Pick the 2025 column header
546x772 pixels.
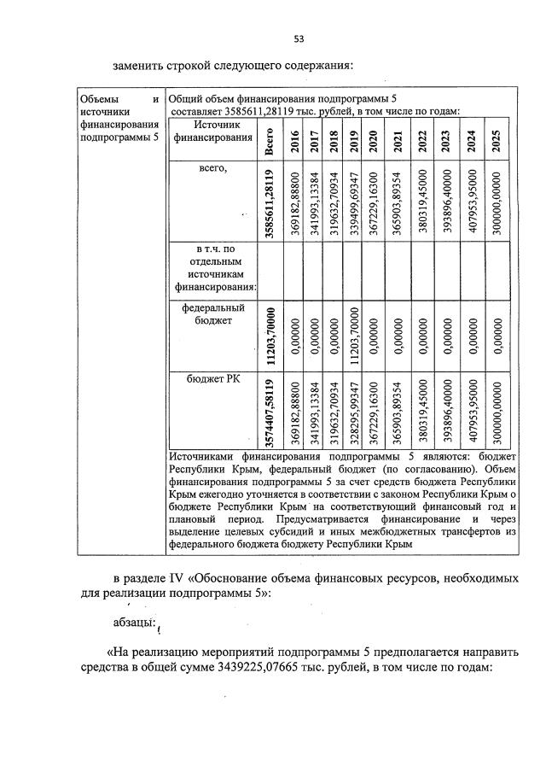[x=498, y=141]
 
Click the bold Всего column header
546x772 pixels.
[x=270, y=141]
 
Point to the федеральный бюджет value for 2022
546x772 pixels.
[x=424, y=331]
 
